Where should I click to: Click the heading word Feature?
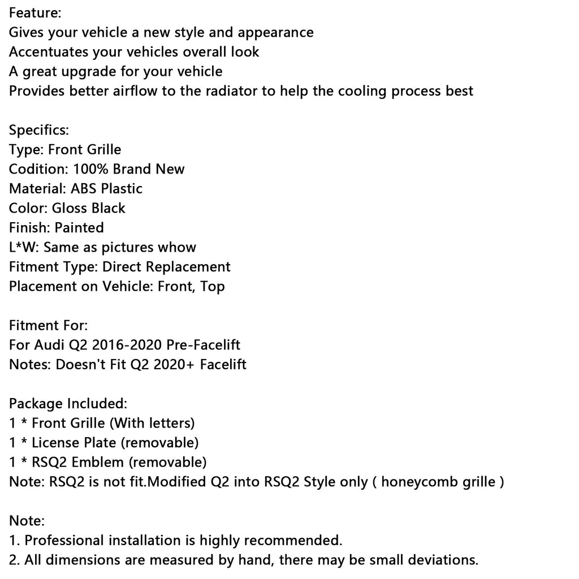[x=35, y=12]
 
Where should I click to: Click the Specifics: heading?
[x=38, y=130]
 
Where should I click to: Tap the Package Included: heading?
[x=68, y=404]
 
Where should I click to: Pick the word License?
[x=55, y=443]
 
